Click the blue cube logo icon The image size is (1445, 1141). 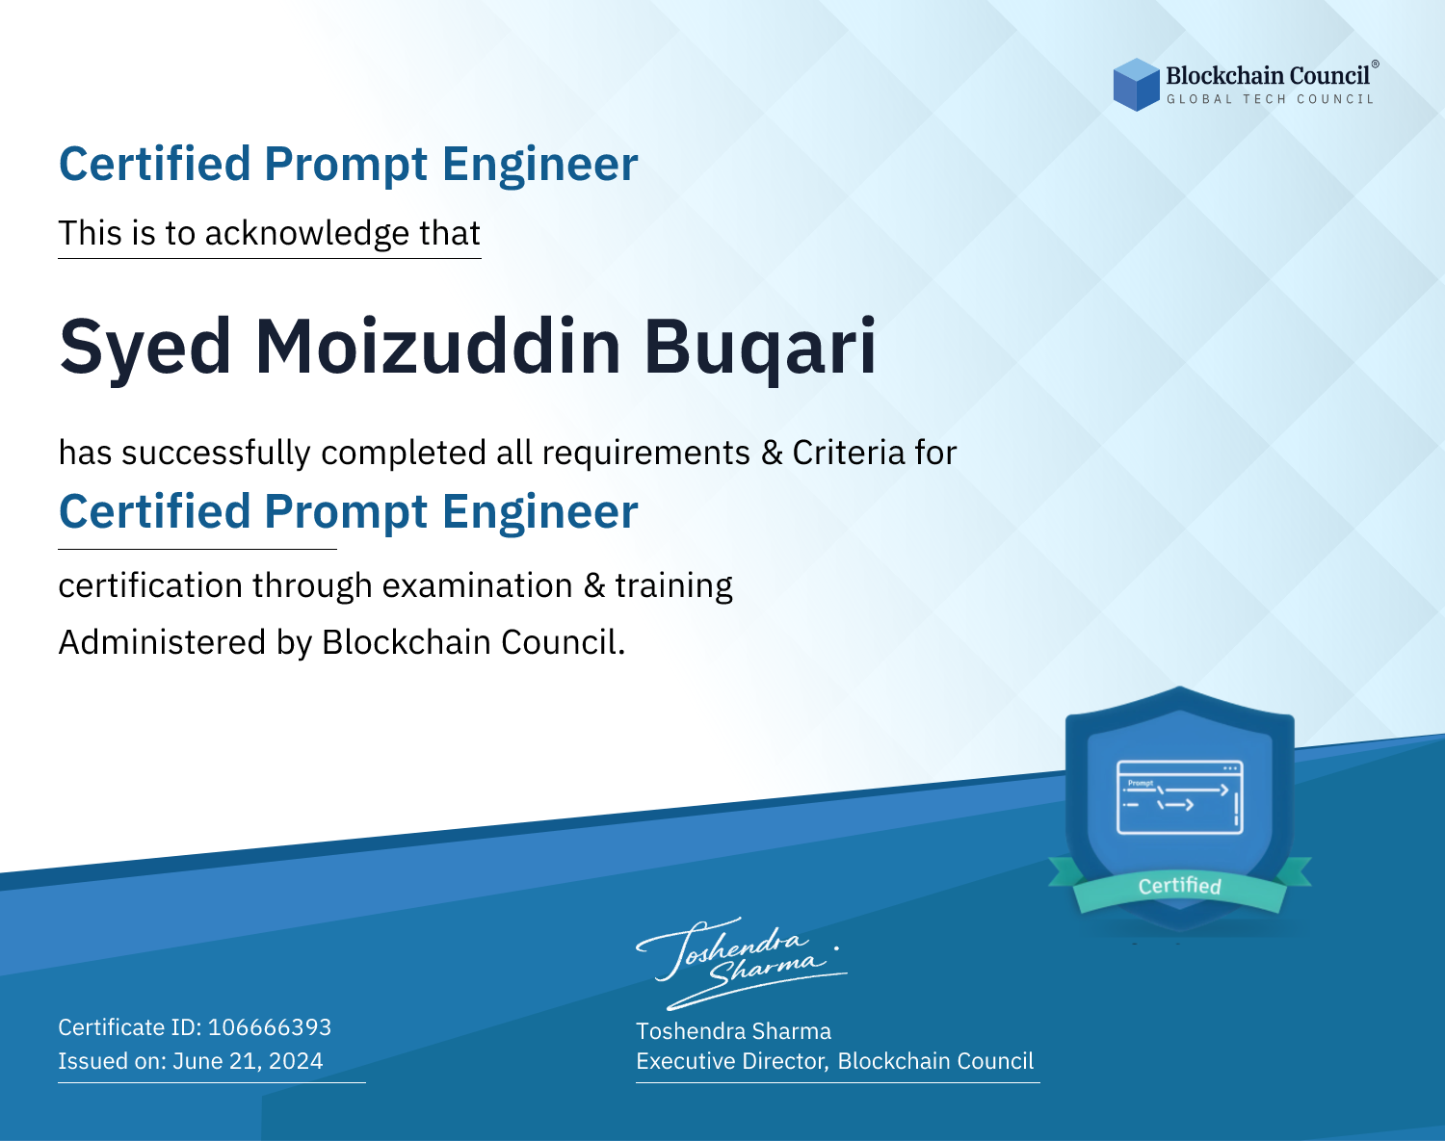(x=1136, y=85)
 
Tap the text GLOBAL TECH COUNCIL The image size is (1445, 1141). (x=1270, y=99)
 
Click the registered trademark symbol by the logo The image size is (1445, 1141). (x=1375, y=65)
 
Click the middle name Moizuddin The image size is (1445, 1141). (x=437, y=346)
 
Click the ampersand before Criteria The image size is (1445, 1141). (x=772, y=454)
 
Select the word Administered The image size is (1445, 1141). (x=163, y=642)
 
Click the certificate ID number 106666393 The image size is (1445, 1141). (x=270, y=1027)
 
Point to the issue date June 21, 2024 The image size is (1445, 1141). (x=248, y=1061)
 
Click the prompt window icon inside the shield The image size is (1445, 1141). (x=1180, y=797)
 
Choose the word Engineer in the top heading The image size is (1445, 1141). (x=539, y=165)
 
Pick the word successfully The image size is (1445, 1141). (x=216, y=454)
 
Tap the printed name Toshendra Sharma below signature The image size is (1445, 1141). (x=733, y=1031)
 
